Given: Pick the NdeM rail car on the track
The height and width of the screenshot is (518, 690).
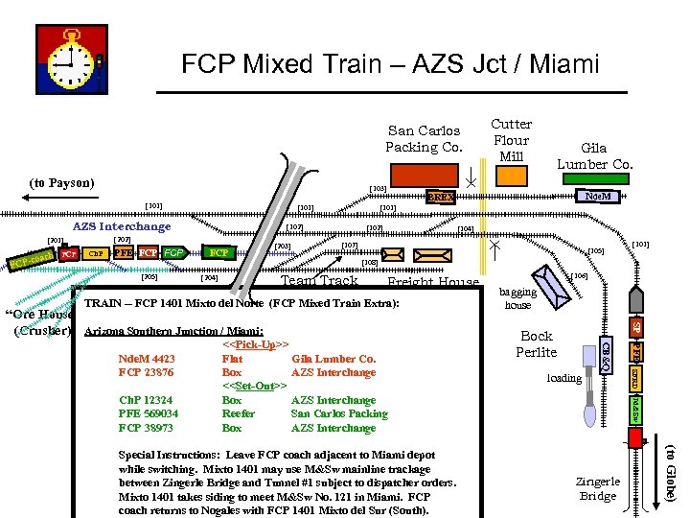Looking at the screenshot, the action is click(x=603, y=196).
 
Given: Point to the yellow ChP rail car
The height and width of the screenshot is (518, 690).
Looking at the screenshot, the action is click(x=96, y=254).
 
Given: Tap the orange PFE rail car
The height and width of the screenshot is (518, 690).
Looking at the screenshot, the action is click(x=123, y=253).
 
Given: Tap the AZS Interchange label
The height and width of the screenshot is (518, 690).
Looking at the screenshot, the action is click(x=122, y=226).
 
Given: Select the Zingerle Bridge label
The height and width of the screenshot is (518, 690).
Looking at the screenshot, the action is click(x=598, y=489).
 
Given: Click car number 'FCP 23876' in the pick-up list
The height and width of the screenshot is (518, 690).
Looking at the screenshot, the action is click(x=146, y=372).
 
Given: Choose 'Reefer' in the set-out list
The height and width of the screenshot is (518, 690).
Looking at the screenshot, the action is click(x=239, y=414).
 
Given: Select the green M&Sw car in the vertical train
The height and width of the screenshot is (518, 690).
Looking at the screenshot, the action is click(x=635, y=407).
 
